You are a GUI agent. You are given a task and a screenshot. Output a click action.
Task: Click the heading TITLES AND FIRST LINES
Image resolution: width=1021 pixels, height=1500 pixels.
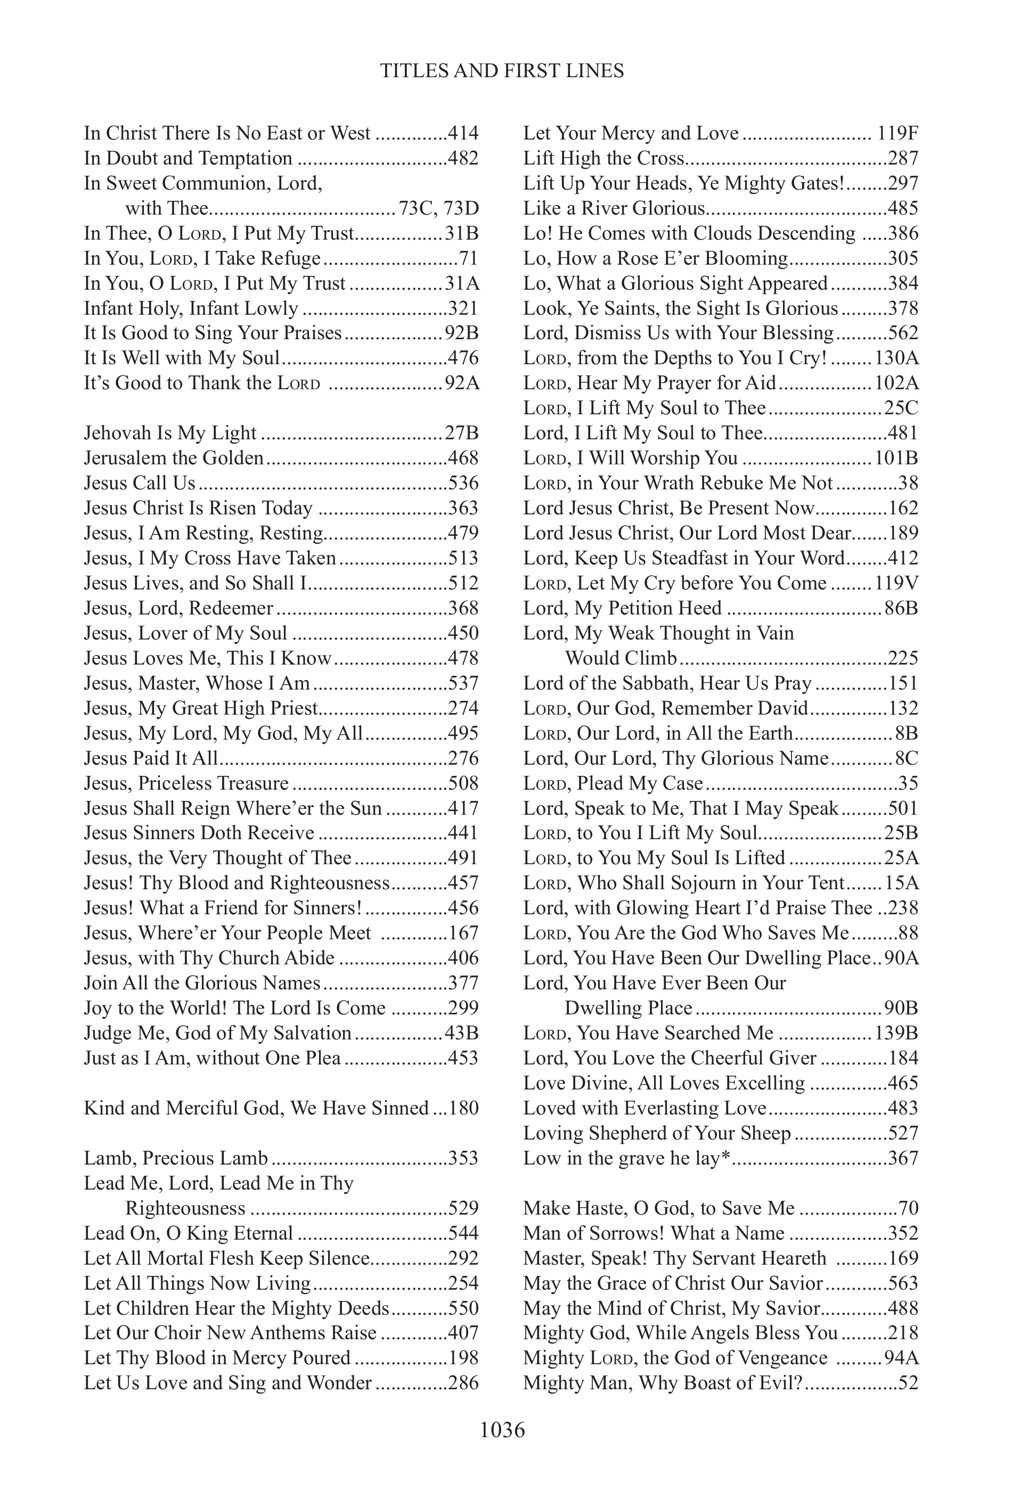[x=502, y=70]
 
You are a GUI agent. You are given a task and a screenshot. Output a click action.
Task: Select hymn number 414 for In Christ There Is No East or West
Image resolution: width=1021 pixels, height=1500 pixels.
[x=463, y=134]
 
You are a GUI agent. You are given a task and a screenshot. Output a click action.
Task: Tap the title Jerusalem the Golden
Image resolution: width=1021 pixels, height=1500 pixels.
[x=174, y=458]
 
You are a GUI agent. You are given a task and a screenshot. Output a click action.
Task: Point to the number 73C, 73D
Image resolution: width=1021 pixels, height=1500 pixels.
[x=439, y=209]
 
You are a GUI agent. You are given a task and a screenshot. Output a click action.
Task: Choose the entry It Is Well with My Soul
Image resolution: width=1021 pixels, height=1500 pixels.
[x=182, y=358]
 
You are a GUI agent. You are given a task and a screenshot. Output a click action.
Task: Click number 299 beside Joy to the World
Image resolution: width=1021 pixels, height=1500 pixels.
[x=463, y=1008]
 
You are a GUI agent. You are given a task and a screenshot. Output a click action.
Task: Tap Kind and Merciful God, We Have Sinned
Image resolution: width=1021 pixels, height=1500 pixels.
[x=256, y=1108]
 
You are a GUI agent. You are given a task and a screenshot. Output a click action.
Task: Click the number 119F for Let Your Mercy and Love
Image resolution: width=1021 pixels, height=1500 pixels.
[x=898, y=134]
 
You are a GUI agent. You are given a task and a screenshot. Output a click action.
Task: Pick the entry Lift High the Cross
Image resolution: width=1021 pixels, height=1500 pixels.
[x=603, y=159]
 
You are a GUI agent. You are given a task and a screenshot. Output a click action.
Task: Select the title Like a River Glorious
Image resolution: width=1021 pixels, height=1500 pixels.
[x=614, y=209]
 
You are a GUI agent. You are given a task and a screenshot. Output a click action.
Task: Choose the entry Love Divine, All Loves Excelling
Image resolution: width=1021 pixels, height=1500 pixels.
[x=664, y=1083]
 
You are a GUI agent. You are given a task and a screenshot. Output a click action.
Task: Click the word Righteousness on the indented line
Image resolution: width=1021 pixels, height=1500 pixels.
[x=185, y=1208]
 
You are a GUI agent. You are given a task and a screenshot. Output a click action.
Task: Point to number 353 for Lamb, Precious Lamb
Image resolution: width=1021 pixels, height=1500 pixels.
[x=463, y=1159]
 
